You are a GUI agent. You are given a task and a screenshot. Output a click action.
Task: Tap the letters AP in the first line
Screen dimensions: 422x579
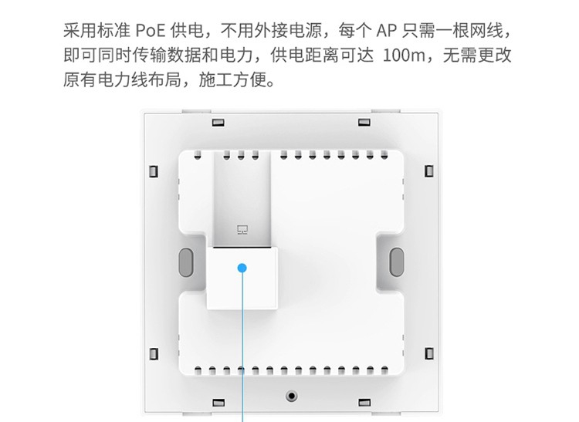pyautogui.click(x=388, y=31)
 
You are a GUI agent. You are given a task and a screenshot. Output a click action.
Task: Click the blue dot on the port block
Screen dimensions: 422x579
pyautogui.click(x=243, y=268)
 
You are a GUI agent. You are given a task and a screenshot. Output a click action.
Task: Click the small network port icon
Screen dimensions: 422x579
pyautogui.click(x=242, y=229)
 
